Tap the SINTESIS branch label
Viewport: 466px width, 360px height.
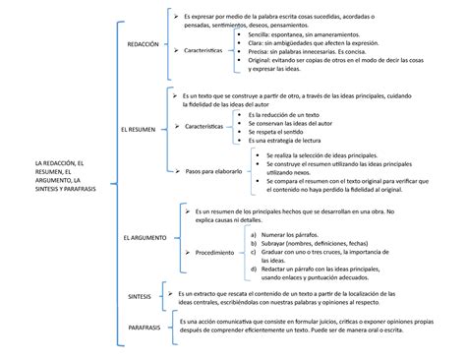click(x=139, y=295)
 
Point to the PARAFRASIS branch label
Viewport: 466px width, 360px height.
click(x=146, y=328)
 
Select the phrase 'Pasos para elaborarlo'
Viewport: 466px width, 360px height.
click(x=205, y=170)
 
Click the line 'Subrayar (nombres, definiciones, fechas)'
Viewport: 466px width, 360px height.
click(x=322, y=243)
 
